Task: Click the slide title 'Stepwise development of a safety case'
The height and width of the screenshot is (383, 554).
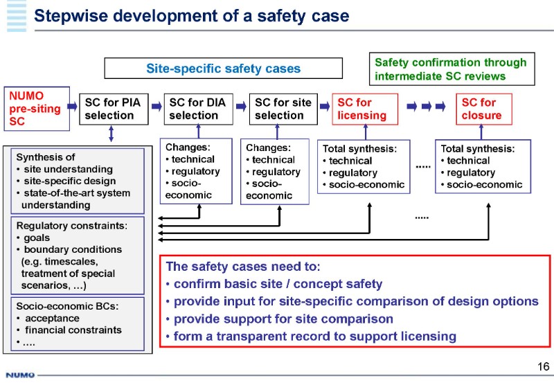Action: click(x=192, y=15)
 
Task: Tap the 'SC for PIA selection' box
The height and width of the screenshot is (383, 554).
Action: click(x=114, y=109)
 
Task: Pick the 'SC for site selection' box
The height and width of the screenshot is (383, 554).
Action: click(x=283, y=109)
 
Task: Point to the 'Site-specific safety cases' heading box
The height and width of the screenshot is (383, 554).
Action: click(x=223, y=68)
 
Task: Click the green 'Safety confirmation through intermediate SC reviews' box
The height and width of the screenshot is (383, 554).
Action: click(x=450, y=69)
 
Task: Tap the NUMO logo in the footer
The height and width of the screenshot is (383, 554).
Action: click(x=20, y=376)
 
